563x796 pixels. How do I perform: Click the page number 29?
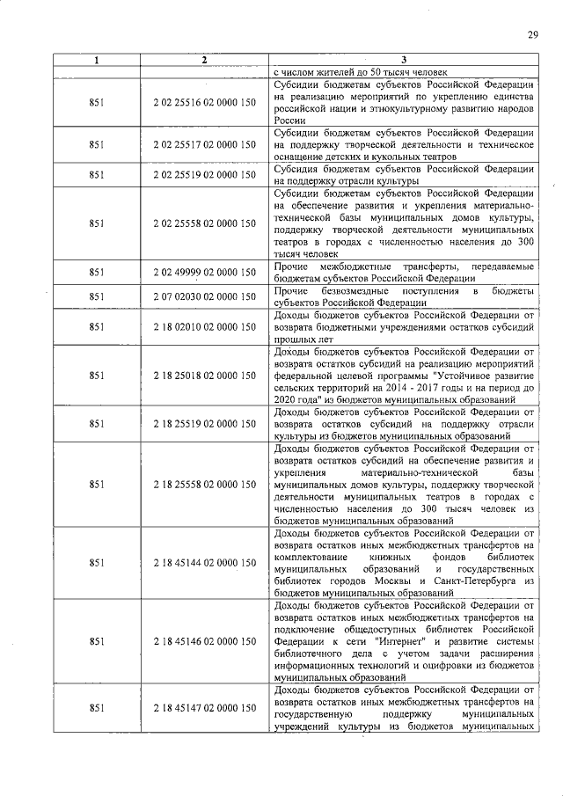tap(532, 34)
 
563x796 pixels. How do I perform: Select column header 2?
tap(203, 60)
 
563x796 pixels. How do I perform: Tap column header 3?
tap(404, 60)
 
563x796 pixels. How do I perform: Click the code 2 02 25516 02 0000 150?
tap(204, 102)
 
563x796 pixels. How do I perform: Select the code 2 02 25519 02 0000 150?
tap(204, 175)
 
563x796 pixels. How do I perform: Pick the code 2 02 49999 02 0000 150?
tap(204, 272)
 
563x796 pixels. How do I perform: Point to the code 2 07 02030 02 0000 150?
tap(204, 297)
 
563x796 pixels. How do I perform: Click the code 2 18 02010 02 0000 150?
tap(204, 327)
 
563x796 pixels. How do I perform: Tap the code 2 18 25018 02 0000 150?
tap(204, 376)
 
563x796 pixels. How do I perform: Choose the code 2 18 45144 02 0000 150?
tap(204, 562)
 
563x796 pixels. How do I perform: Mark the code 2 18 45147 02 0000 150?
tap(204, 708)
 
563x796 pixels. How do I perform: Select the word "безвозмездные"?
tap(358, 290)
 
